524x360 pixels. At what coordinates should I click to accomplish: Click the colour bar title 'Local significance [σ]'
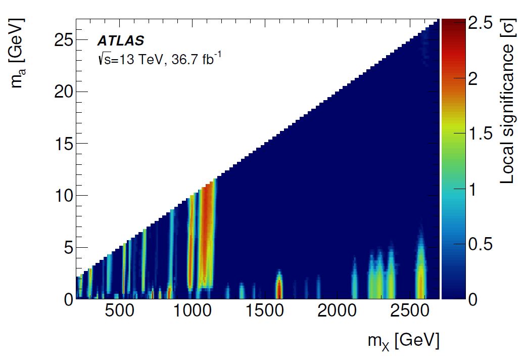point(507,101)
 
